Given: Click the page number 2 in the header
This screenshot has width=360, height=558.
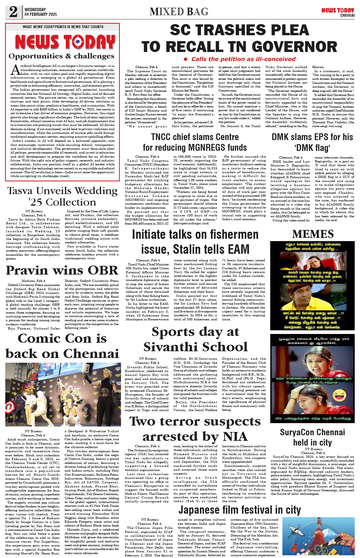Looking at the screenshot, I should click(x=13, y=12).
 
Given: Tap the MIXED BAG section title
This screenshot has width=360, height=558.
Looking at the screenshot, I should click(x=179, y=12).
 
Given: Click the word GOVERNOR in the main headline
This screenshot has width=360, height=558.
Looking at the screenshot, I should click(x=294, y=47).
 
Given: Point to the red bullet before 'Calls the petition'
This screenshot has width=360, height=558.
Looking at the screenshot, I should click(x=185, y=59).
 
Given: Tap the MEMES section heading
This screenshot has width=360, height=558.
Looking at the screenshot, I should click(x=313, y=234).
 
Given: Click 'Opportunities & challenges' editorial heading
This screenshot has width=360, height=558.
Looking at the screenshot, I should click(x=61, y=56).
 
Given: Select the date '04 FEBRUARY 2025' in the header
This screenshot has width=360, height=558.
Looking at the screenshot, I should click(x=41, y=14).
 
